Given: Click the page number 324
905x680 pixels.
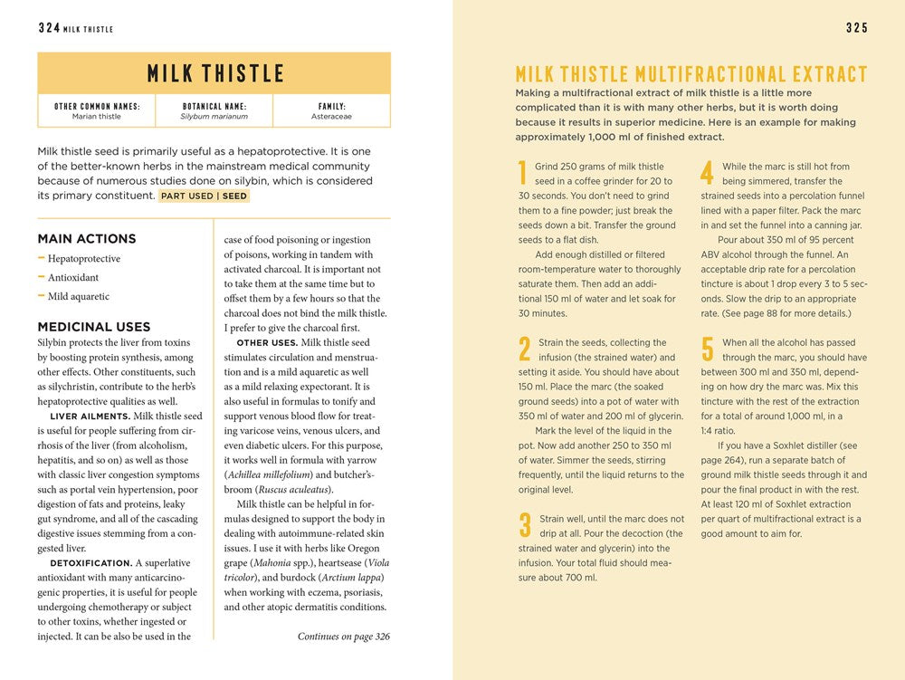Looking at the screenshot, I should tap(49, 28).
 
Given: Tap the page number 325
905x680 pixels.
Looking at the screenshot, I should tap(857, 28).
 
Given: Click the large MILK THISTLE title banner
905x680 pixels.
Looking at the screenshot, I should tap(214, 73).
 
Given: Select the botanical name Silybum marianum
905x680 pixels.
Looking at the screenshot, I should tap(214, 117).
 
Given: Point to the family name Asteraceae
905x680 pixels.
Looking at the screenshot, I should tap(331, 117).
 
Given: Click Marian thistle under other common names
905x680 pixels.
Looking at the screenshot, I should tap(97, 117).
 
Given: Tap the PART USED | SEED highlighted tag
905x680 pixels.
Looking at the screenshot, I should tap(204, 196).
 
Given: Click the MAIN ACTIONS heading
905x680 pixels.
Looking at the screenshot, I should tap(87, 239).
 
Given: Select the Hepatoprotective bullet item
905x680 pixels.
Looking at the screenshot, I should tap(84, 259).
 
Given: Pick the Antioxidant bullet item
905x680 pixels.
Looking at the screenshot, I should tap(73, 278).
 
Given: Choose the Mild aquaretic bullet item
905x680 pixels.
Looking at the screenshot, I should tap(79, 296).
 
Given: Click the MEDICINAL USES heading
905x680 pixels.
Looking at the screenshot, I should tap(94, 327).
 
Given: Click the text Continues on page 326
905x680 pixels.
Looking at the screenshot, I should tap(343, 637).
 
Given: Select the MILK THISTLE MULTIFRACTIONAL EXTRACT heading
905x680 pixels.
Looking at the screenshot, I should tap(691, 74).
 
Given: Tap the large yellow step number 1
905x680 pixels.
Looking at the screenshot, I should tap(522, 173).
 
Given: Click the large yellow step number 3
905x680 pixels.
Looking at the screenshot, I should tap(524, 526).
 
